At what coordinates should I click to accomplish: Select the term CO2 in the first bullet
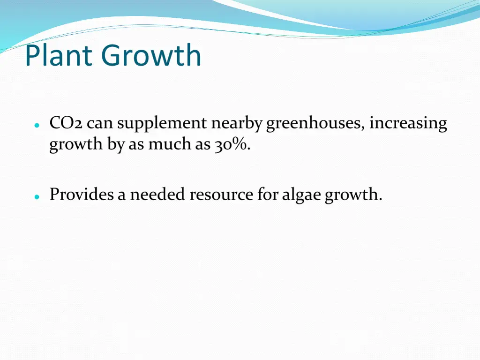coord(66,123)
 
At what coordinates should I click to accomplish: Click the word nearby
coord(236,124)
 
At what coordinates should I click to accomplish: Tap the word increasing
coord(408,124)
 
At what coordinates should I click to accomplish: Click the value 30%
coord(232,145)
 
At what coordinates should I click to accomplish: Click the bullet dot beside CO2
coord(37,127)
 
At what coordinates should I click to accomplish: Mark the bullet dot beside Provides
coord(37,197)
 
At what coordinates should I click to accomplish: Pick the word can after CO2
coord(100,124)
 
